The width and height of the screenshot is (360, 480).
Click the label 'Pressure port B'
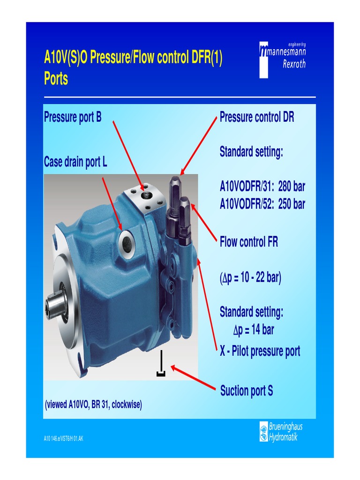coord(73,117)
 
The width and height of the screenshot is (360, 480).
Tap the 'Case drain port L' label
coord(75,162)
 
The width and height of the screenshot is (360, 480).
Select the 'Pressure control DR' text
coord(257,117)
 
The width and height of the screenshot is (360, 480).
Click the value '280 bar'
coord(292,187)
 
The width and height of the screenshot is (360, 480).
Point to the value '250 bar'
coord(292,205)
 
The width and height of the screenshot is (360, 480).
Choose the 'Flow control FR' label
coord(249,242)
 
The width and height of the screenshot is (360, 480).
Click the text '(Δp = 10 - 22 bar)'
coord(250,278)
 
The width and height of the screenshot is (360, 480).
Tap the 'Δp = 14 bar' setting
coord(254,330)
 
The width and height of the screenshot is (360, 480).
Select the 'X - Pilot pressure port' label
coord(260,351)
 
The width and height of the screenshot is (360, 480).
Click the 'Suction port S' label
coord(247,391)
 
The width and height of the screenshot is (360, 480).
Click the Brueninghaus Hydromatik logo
coord(280,432)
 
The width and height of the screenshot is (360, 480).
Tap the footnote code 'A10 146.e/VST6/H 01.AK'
coord(63,439)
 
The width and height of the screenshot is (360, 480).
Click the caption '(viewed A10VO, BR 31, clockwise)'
coord(93,404)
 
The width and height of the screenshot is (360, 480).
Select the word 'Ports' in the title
coord(56,79)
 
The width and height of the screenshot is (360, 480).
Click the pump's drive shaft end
coord(52,307)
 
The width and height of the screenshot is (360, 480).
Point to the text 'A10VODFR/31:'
coord(247,187)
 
